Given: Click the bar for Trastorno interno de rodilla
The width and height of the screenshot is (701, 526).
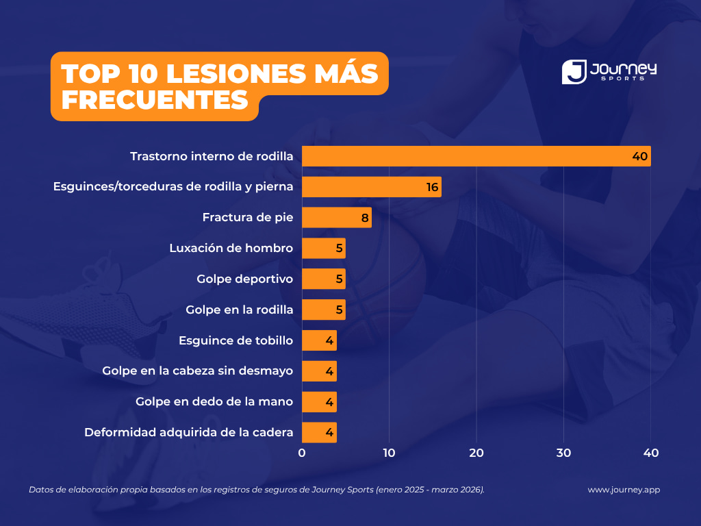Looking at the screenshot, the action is [476, 156].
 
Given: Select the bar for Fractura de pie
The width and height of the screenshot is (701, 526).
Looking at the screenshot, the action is [337, 217].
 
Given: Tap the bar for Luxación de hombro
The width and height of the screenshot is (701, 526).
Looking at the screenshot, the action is [324, 248].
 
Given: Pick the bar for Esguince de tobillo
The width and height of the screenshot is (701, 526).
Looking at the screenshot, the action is [319, 340].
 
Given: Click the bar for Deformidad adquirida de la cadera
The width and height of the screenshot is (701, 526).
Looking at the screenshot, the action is [319, 433].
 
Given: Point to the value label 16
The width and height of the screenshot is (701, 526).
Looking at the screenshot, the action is [433, 187].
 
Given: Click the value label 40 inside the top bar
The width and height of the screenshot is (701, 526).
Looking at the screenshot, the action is [640, 156].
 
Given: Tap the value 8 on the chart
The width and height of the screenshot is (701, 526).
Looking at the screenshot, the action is [365, 218].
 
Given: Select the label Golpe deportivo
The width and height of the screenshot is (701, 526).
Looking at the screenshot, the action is [245, 279].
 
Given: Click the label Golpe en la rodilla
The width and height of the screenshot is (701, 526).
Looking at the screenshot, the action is [240, 310].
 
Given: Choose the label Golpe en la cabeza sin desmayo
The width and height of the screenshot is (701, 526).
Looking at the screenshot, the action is [198, 371].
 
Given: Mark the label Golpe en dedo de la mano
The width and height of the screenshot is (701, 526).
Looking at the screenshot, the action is [214, 401].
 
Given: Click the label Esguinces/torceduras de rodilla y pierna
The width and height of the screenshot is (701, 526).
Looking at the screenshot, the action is [173, 186].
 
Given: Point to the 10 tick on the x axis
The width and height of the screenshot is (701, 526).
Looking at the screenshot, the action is [389, 453].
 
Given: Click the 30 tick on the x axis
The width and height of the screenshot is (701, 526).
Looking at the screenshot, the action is [564, 453].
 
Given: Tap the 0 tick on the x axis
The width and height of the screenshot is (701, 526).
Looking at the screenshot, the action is [302, 453].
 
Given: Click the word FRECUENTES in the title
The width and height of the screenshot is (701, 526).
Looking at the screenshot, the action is [155, 100].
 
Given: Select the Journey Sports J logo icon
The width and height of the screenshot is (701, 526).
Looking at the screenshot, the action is [574, 71].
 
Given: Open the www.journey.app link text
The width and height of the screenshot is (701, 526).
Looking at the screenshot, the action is [624, 490].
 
